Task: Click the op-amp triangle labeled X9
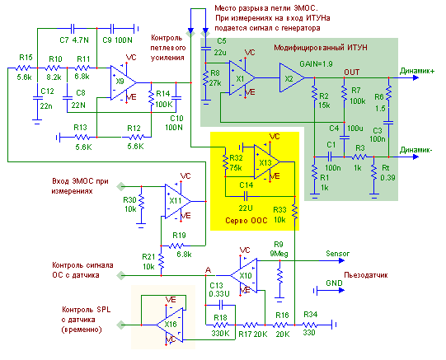[x=123, y=82]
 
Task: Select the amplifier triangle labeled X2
[x=292, y=77]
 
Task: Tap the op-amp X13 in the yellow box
[x=266, y=162]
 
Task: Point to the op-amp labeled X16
[x=170, y=325]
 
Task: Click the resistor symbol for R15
[x=23, y=68]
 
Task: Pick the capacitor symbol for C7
[x=73, y=28]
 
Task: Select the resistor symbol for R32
[x=225, y=162]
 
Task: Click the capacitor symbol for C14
[x=246, y=196]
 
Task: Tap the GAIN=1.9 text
[x=316, y=64]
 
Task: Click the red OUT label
[x=351, y=72]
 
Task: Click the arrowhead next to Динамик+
[x=415, y=77]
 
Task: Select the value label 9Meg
[x=279, y=254]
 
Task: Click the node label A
[x=208, y=270]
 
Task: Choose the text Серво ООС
[x=246, y=221]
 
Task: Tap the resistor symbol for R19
[x=176, y=245]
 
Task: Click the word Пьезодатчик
[x=366, y=275]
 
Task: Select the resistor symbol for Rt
[x=373, y=172]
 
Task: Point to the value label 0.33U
[x=219, y=294]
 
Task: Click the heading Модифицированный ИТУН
[x=321, y=48]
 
